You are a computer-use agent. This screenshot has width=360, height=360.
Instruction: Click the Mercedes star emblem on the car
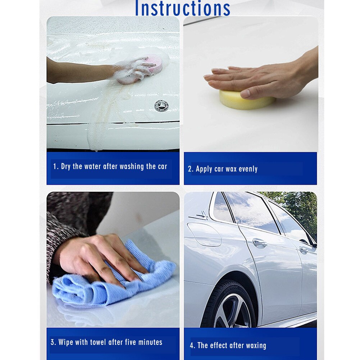click(x=161, y=105)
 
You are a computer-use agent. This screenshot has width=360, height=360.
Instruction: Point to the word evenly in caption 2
click(x=248, y=169)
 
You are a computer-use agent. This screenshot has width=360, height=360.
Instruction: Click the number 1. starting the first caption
click(x=56, y=167)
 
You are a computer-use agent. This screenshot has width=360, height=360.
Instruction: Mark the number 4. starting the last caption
click(x=192, y=346)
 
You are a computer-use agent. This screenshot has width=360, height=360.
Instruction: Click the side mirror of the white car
click(x=312, y=245)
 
